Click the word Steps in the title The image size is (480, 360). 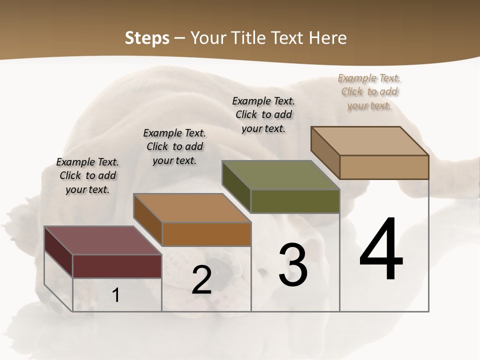click(x=147, y=38)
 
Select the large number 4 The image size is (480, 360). click(x=381, y=250)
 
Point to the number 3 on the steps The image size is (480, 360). click(x=293, y=265)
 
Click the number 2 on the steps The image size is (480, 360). click(x=202, y=280)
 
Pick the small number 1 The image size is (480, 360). click(x=116, y=295)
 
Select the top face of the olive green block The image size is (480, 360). click(x=280, y=175)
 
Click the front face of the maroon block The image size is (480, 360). click(x=117, y=266)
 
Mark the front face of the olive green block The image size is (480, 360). click(x=295, y=201)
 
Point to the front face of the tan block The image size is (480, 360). click(x=384, y=167)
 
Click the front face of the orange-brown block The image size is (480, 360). click(x=206, y=234)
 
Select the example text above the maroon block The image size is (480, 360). click(x=87, y=175)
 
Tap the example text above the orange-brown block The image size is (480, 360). click(x=174, y=146)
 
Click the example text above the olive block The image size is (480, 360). click(x=263, y=114)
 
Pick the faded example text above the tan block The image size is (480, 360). click(x=369, y=91)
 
